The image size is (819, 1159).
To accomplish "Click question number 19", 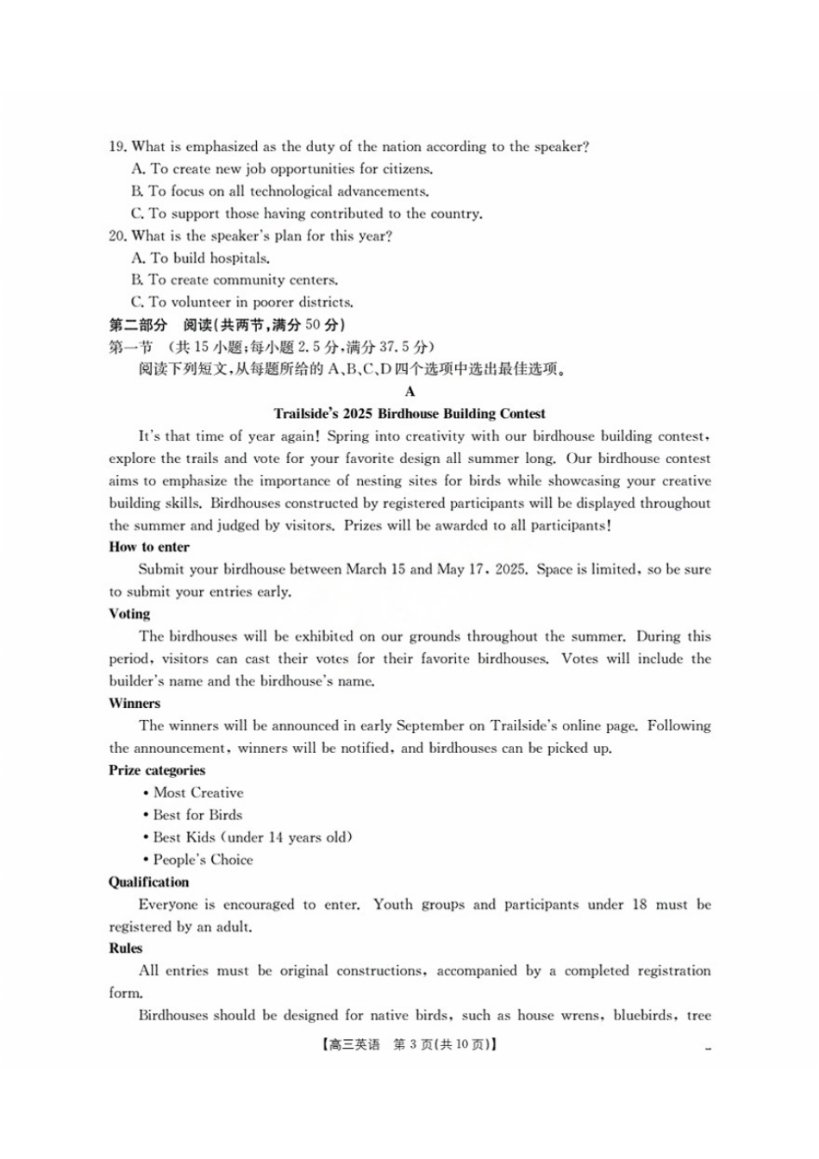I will [x=117, y=147].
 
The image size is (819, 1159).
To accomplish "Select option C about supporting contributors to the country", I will [x=307, y=214].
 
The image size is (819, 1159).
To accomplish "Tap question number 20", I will [x=117, y=235].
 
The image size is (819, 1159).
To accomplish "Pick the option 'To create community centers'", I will [x=234, y=280].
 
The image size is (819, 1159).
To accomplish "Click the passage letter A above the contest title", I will [x=409, y=392].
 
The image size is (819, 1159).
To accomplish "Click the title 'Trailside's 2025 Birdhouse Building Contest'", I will [x=409, y=414].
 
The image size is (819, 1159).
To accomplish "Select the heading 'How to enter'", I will [x=149, y=547].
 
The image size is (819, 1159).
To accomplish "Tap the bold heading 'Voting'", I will [x=129, y=614].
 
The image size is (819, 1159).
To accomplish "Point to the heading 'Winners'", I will [x=134, y=704].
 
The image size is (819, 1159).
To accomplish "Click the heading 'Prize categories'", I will [x=157, y=770].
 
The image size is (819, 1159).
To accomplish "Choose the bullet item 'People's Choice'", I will [x=203, y=860].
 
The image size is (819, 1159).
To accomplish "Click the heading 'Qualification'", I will [x=148, y=882].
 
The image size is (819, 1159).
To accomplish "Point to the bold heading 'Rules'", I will [x=125, y=949].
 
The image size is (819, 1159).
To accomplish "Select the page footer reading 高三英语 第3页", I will [x=409, y=1044].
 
